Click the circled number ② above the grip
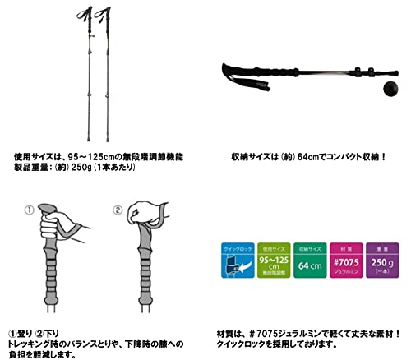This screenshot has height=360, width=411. point(117,210)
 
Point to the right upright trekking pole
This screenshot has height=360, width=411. point(109,74)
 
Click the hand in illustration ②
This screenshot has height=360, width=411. point(150,226)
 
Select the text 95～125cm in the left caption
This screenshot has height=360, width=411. point(95,154)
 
